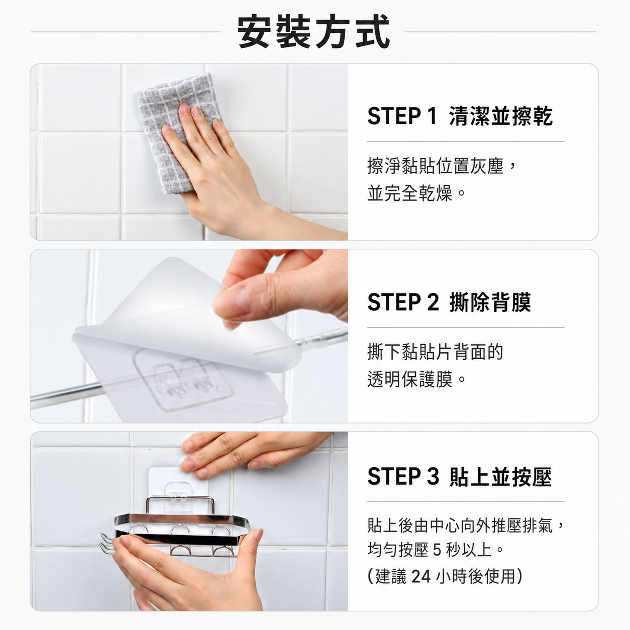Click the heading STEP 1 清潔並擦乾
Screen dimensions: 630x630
460,116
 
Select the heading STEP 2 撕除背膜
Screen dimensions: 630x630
449,302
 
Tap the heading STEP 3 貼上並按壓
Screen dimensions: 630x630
459,476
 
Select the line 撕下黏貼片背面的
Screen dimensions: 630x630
435,352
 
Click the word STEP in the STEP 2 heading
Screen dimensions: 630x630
394,302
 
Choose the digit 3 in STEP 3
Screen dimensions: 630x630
433,476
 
